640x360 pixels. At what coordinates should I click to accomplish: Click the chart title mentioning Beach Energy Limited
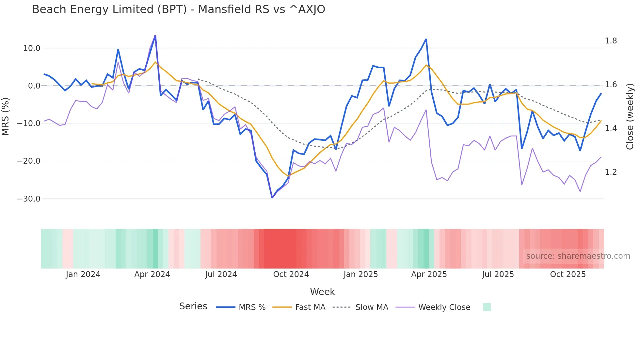tap(179, 9)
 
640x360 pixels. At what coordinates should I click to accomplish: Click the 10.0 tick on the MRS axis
tap(31, 48)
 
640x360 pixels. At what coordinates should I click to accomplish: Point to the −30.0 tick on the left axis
tap(29, 199)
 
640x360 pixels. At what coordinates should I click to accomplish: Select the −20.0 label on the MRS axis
tap(29, 161)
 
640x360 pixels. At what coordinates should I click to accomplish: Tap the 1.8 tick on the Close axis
tap(611, 41)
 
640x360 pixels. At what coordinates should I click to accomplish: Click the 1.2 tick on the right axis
tap(611, 172)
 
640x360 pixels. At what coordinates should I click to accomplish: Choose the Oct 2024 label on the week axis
tap(291, 274)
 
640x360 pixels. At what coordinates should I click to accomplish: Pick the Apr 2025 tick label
tap(429, 274)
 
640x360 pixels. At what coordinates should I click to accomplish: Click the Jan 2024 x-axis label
tap(83, 274)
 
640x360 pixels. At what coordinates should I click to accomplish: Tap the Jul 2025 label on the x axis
tap(498, 274)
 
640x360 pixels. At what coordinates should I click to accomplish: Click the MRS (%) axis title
tap(5, 116)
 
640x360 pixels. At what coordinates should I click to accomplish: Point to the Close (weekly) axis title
tap(630, 116)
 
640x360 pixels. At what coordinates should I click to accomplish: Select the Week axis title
tap(322, 292)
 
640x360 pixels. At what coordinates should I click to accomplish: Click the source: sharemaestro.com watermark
tap(578, 256)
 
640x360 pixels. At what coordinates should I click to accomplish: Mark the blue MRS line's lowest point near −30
tap(272, 198)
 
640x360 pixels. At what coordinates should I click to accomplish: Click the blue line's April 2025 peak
tap(426, 40)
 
